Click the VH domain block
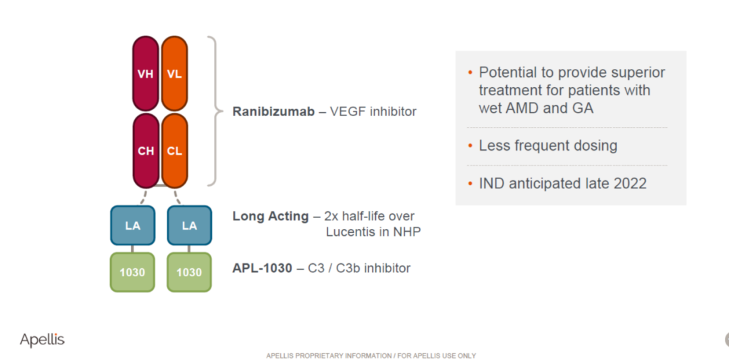[146, 74]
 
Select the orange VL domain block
[174, 74]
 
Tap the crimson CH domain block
[146, 151]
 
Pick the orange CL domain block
[174, 151]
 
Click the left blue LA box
[132, 226]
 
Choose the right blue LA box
[189, 226]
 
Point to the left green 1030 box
[132, 272]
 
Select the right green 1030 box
[189, 272]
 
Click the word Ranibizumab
[273, 111]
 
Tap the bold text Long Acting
[270, 217]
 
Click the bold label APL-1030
[262, 268]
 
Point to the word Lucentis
[348, 232]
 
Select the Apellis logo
[43, 340]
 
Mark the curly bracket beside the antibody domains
[213, 111]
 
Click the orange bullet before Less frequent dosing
[470, 146]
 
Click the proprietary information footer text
[371, 356]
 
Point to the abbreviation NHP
[407, 232]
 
